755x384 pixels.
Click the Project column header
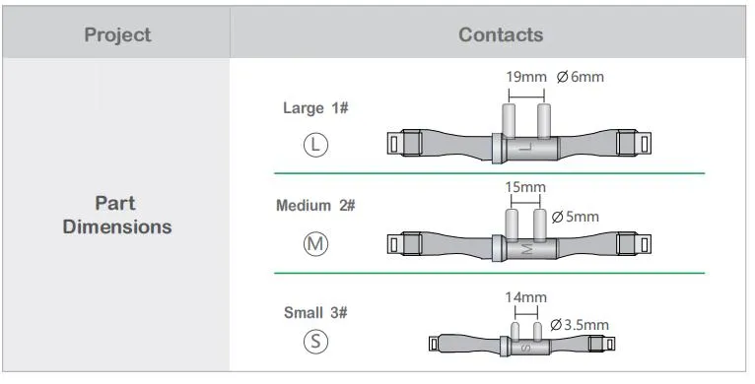(x=117, y=34)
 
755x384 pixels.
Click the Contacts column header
(x=500, y=34)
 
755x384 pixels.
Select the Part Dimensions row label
(x=117, y=215)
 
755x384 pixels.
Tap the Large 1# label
(x=315, y=108)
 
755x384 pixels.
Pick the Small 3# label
(x=315, y=312)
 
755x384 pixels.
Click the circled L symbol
(x=315, y=144)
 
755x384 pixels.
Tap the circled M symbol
(x=315, y=243)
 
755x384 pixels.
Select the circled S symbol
(x=315, y=342)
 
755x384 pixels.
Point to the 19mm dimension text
(x=525, y=77)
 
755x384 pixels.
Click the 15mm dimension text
(x=524, y=187)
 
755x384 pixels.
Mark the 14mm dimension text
(x=524, y=296)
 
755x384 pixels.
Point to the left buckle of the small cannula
(x=435, y=344)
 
